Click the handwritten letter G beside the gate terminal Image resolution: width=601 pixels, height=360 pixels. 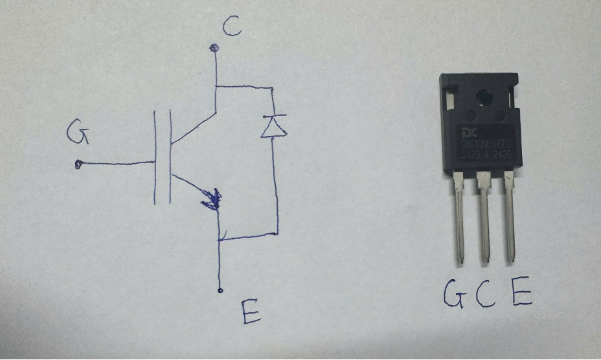(77, 135)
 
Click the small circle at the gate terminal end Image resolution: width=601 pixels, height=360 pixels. (78, 164)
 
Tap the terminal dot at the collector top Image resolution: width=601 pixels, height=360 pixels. (214, 47)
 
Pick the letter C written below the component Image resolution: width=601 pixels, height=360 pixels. (485, 295)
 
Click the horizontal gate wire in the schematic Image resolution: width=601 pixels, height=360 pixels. (117, 163)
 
